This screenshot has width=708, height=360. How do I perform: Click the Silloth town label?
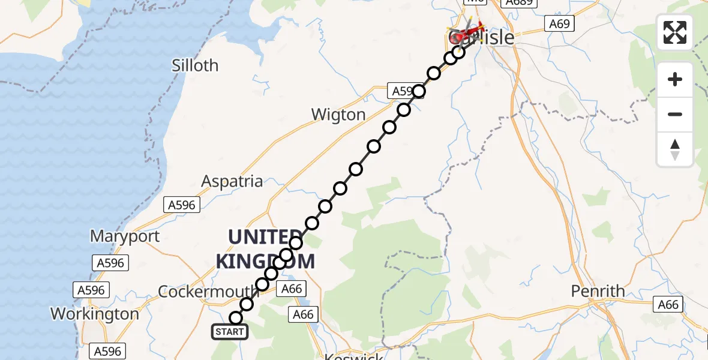tap(195, 65)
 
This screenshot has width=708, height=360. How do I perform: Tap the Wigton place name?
tap(338, 115)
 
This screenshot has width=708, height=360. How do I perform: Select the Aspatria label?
tap(232, 181)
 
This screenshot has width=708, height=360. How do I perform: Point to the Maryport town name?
tap(125, 236)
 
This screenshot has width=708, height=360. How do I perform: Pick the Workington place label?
tap(94, 314)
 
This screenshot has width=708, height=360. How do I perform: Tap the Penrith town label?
tap(598, 292)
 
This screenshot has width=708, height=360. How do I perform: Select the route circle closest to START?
tap(236, 318)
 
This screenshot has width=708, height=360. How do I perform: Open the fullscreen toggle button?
tap(675, 32)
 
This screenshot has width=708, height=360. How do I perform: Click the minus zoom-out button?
tap(675, 114)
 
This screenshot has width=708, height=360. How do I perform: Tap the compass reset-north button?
tap(675, 149)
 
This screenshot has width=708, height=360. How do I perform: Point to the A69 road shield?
tap(560, 24)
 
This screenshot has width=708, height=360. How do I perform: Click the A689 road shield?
tap(520, 3)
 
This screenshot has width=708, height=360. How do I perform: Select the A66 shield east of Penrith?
tap(668, 305)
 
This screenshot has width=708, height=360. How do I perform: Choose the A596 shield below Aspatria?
tap(181, 205)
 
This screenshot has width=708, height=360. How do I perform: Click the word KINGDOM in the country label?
tap(265, 261)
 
